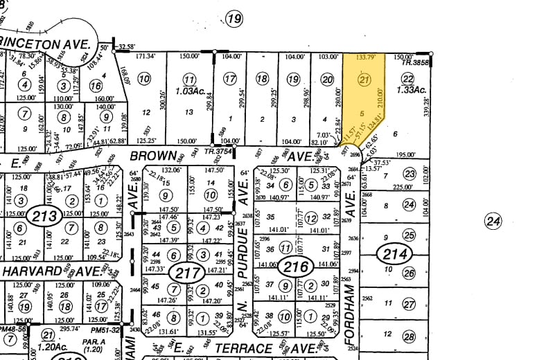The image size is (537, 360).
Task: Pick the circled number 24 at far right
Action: click(x=493, y=222)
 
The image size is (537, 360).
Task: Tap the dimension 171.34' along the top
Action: click(x=146, y=55)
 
